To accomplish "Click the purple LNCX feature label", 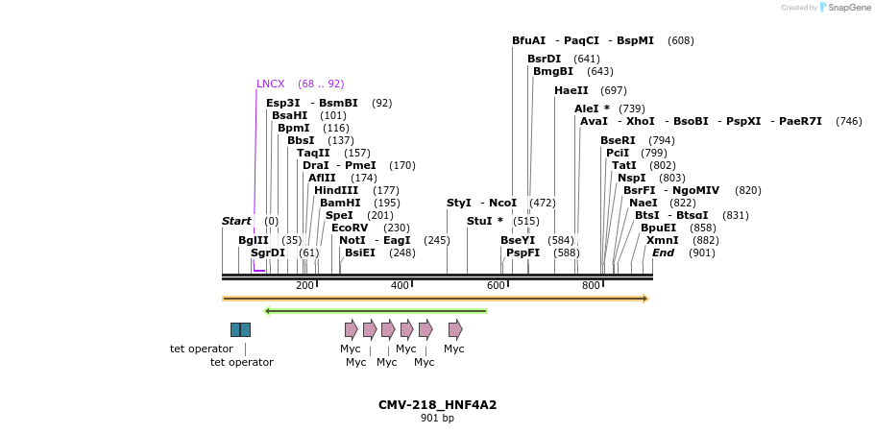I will [272, 84].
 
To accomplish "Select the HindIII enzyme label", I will [335, 190].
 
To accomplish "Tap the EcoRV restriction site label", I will [349, 228].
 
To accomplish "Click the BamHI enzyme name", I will [340, 203].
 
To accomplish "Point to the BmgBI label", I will [552, 71].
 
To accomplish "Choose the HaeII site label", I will [571, 90].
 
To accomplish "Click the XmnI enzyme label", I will [662, 240].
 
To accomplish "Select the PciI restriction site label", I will [618, 153].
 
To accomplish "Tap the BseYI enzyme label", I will [517, 240].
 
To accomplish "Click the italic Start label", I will [235, 221].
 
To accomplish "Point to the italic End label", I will [663, 253].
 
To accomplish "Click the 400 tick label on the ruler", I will [400, 286].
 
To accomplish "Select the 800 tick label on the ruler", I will [592, 286].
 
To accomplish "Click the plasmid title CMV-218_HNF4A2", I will [437, 404].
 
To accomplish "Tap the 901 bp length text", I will [437, 419].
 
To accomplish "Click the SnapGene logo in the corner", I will [841, 8].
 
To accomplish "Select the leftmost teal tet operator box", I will [235, 329].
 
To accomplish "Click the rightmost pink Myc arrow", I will [454, 329].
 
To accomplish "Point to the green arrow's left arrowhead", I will [268, 311].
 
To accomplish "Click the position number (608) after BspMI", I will [680, 40].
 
